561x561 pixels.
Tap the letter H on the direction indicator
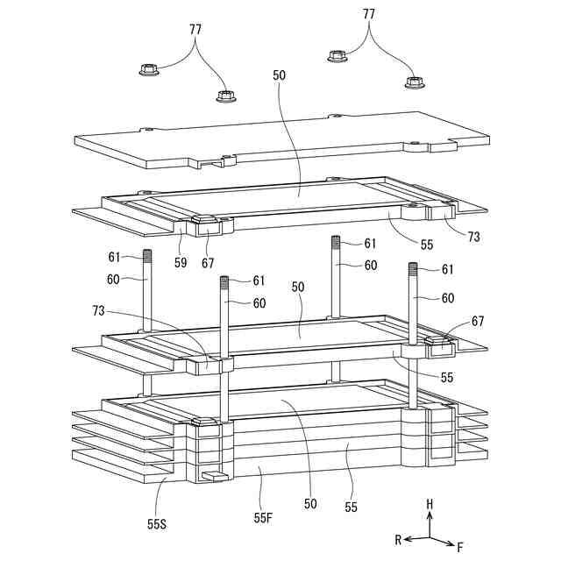click(x=430, y=504)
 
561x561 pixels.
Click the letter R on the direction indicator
click(x=397, y=540)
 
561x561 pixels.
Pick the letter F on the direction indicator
click(x=459, y=547)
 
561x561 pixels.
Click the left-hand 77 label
click(x=195, y=29)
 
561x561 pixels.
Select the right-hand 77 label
click(x=369, y=14)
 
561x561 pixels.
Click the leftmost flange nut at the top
click(x=149, y=69)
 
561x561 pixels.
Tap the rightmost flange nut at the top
click(x=413, y=82)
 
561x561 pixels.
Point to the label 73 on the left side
click(x=102, y=309)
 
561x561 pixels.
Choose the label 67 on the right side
click(x=477, y=322)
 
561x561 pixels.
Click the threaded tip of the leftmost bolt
click(x=147, y=257)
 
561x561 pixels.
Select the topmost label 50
click(x=280, y=76)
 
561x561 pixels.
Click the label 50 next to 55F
click(x=310, y=504)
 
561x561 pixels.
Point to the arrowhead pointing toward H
click(x=430, y=516)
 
